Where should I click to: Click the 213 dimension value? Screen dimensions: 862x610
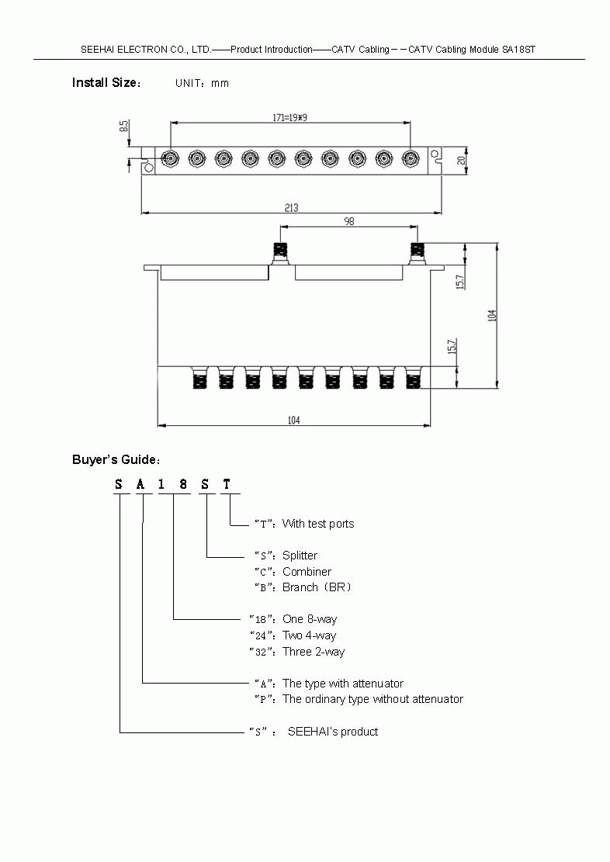(x=291, y=207)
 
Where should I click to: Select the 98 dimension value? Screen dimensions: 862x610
(x=348, y=221)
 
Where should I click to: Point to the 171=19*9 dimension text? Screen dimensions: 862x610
(x=290, y=117)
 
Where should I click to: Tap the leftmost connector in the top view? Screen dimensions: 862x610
(x=170, y=159)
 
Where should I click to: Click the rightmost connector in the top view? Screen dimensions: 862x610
(x=411, y=159)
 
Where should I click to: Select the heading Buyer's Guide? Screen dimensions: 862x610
(x=116, y=460)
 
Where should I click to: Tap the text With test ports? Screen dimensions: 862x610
(x=318, y=524)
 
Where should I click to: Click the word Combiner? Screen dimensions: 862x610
(x=307, y=572)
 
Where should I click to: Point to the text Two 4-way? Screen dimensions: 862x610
(x=309, y=635)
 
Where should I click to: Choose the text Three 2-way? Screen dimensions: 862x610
(x=314, y=652)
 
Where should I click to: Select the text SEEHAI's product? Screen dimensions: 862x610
(x=333, y=732)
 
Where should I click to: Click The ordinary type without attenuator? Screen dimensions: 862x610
(x=373, y=699)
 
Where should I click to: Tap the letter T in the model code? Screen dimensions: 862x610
(x=227, y=485)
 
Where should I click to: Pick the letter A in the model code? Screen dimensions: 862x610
(x=140, y=485)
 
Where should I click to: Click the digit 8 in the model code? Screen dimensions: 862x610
(x=183, y=485)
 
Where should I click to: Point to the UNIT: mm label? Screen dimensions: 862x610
(x=202, y=83)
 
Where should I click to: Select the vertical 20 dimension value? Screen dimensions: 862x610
(x=461, y=161)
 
